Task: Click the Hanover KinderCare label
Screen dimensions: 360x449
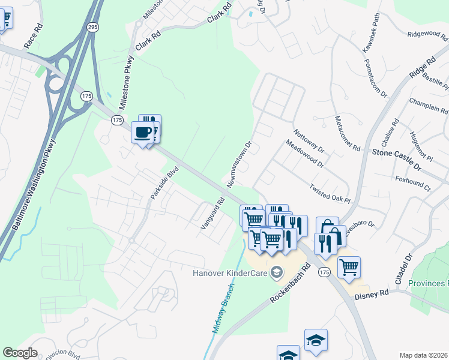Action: click(x=230, y=273)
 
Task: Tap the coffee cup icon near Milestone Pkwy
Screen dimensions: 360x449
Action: click(x=143, y=133)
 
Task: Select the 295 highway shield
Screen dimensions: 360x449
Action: click(x=92, y=27)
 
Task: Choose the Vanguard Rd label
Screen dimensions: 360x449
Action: click(x=212, y=212)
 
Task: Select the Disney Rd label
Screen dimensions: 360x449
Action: click(x=372, y=295)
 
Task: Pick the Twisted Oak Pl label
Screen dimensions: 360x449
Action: click(x=329, y=194)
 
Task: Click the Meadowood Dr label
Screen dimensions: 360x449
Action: click(x=305, y=154)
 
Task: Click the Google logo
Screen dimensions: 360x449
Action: click(x=20, y=353)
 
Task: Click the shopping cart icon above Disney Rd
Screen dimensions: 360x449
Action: click(x=349, y=266)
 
